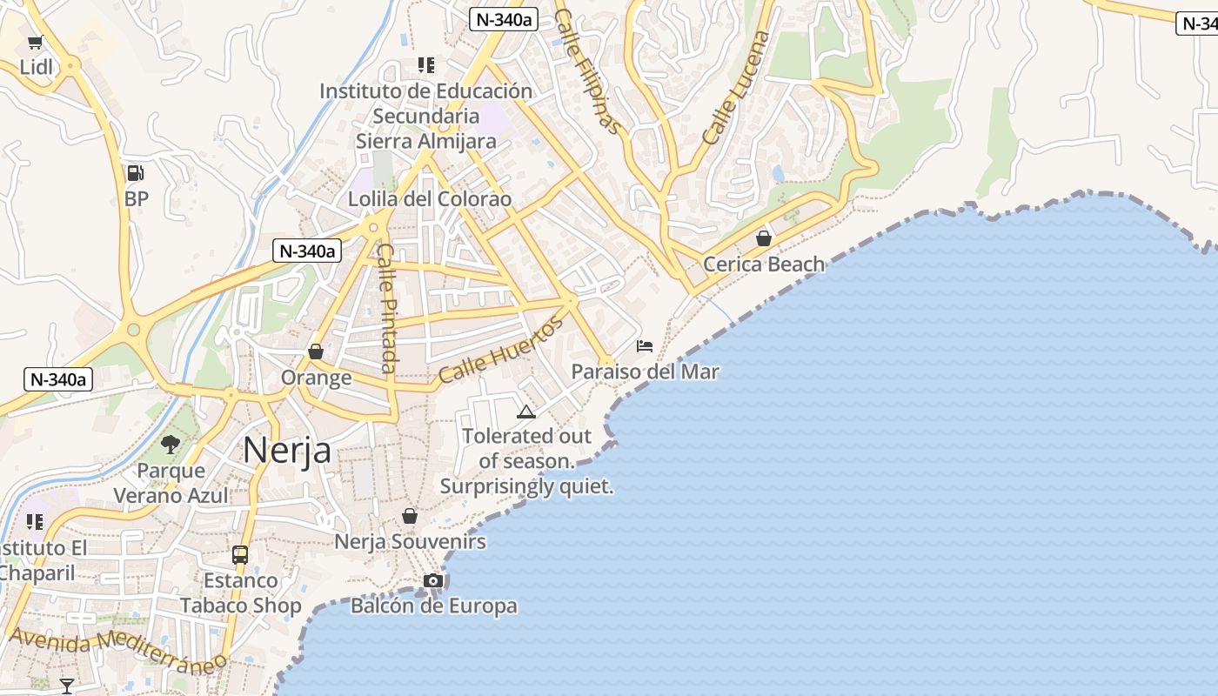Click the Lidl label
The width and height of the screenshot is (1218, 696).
pos(36,67)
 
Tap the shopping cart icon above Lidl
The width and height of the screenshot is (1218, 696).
pos(36,42)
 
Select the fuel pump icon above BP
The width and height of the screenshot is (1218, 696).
pos(135,173)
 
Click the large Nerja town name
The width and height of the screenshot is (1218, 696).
pos(286,451)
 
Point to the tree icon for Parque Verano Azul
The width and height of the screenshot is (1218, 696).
pos(171,445)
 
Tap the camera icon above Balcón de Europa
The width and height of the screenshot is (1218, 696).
pos(433,580)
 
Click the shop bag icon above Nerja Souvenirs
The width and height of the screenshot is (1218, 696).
pos(410,516)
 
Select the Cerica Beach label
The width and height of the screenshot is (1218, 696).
pos(763,264)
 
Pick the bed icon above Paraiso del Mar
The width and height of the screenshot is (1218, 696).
pos(645,346)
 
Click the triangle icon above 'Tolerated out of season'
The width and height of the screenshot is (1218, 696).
pos(525,412)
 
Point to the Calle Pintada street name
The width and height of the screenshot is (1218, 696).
pos(388,308)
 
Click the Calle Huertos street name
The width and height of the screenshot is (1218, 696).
pos(500,351)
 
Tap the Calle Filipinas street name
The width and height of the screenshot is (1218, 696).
pos(590,72)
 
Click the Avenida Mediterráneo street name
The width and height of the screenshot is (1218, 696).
pos(117,647)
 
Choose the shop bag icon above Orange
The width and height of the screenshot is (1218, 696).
pos(316,351)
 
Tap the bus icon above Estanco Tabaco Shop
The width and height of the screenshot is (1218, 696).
pos(240,554)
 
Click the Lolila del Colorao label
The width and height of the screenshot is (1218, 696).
pos(430,199)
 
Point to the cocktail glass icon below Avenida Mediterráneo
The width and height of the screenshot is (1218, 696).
pos(67,686)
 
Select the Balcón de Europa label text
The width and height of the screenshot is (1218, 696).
pos(433,606)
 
